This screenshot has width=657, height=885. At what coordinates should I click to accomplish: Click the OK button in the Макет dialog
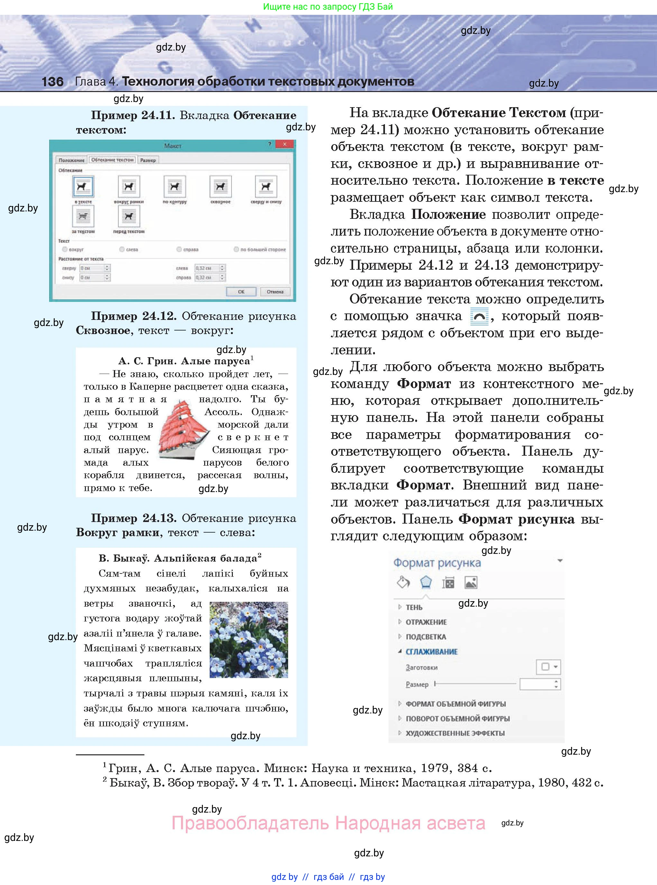(241, 292)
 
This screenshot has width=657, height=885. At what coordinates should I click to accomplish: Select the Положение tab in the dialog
(72, 160)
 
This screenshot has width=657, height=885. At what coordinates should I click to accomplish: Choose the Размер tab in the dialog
(148, 160)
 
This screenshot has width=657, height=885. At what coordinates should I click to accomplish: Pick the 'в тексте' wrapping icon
(83, 187)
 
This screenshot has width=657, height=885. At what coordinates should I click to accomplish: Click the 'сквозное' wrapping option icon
(220, 187)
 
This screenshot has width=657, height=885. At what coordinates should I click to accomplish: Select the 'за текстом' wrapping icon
(83, 217)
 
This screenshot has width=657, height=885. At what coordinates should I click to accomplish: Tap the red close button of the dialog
(285, 144)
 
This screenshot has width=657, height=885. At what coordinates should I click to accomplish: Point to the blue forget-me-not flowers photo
(249, 640)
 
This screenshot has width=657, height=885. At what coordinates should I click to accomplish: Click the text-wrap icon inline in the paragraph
(479, 316)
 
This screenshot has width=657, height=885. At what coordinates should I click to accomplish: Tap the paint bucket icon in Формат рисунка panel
(403, 582)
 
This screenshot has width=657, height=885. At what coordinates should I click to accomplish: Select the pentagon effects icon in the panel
(426, 582)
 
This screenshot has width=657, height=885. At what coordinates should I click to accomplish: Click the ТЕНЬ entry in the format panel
(414, 607)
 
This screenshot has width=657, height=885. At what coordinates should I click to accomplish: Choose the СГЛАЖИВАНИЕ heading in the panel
(432, 652)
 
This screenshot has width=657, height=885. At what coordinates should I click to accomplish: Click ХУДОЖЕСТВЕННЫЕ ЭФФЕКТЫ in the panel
(455, 733)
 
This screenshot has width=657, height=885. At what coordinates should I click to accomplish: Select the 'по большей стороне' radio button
(237, 249)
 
